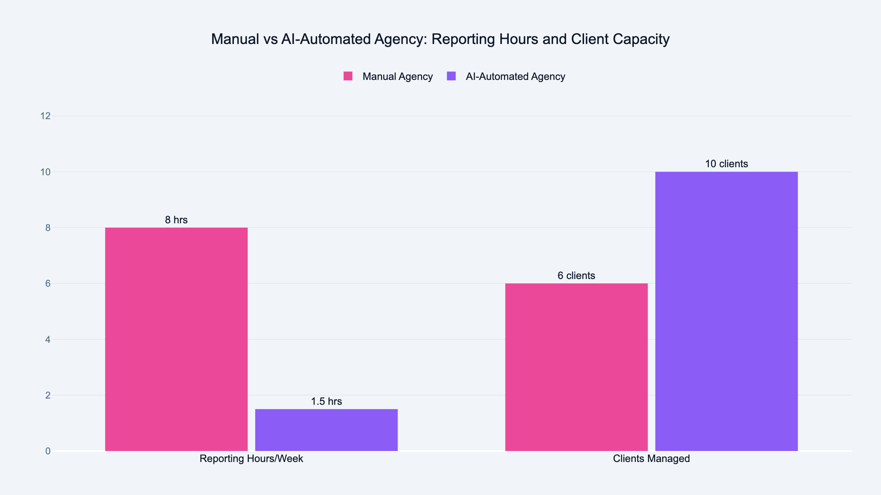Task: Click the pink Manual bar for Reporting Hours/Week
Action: pyautogui.click(x=176, y=339)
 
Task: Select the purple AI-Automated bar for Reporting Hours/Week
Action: pyautogui.click(x=326, y=430)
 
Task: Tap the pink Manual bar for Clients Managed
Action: pyautogui.click(x=576, y=367)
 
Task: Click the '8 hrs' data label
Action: pyautogui.click(x=176, y=220)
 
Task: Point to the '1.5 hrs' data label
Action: pyautogui.click(x=326, y=401)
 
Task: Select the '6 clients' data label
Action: pyautogui.click(x=576, y=276)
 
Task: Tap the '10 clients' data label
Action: pyautogui.click(x=726, y=164)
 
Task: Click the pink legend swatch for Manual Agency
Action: pyautogui.click(x=348, y=76)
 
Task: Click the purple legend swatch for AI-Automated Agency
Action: pyautogui.click(x=451, y=76)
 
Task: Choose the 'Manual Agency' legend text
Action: pyautogui.click(x=398, y=77)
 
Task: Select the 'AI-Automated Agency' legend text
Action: pyautogui.click(x=515, y=77)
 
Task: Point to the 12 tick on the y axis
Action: pyautogui.click(x=46, y=116)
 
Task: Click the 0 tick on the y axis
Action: pyautogui.click(x=48, y=451)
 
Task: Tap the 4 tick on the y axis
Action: pyautogui.click(x=48, y=340)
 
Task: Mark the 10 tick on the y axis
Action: pyautogui.click(x=46, y=172)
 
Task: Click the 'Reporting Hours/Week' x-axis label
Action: pyautogui.click(x=251, y=459)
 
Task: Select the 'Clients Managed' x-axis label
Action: pyautogui.click(x=651, y=459)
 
